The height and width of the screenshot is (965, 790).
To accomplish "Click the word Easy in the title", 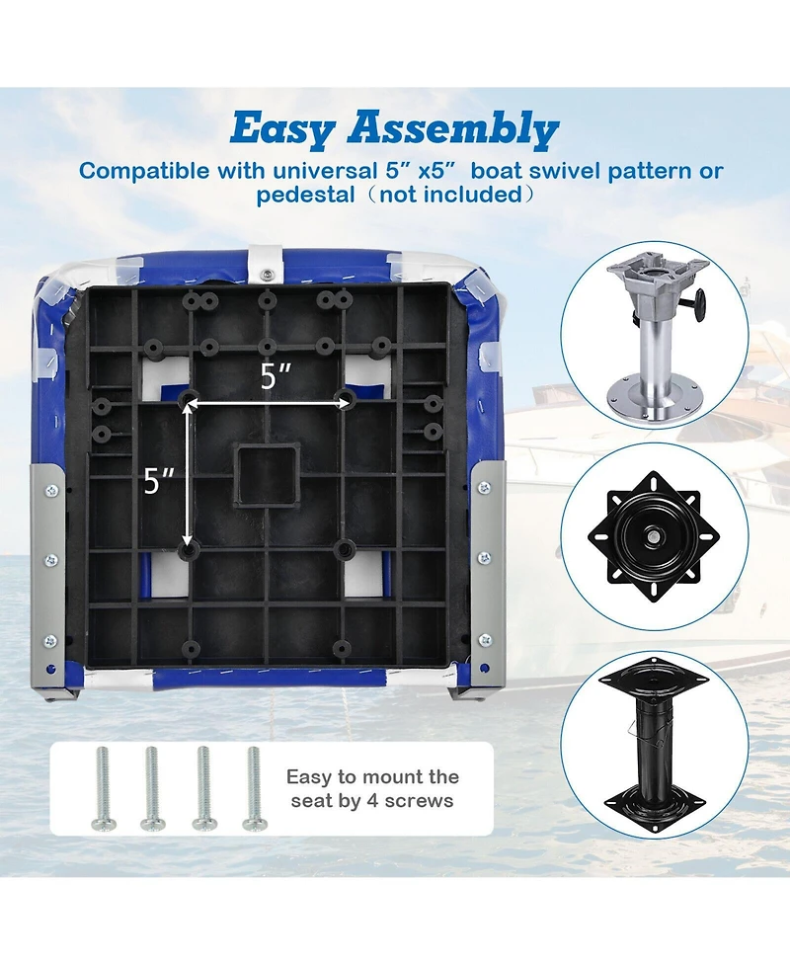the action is tap(283, 129).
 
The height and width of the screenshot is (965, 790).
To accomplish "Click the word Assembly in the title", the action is tap(453, 129).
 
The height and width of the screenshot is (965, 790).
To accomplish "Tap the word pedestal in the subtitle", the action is tap(306, 196).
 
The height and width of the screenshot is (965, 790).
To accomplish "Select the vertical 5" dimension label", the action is tap(159, 481).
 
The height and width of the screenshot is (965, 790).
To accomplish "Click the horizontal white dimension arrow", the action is tap(267, 403).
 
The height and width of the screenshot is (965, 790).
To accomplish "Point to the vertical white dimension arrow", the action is tap(187, 474).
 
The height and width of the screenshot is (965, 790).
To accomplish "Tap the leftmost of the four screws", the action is tap(102, 788).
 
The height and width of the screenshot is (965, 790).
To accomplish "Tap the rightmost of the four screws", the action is tap(254, 788).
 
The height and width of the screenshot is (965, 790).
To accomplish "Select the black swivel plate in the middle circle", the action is tap(654, 536).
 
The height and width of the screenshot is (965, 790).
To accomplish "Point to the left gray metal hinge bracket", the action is tap(50, 582).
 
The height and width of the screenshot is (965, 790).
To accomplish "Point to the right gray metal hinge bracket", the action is tap(487, 582).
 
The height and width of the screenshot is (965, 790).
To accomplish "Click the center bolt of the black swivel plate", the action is tap(652, 538).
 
